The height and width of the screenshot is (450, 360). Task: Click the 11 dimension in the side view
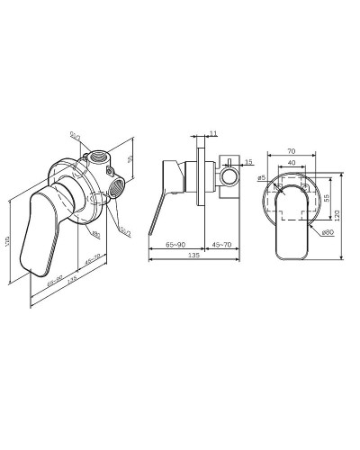pos(211,133)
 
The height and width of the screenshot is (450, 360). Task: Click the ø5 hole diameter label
pos(260,180)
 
